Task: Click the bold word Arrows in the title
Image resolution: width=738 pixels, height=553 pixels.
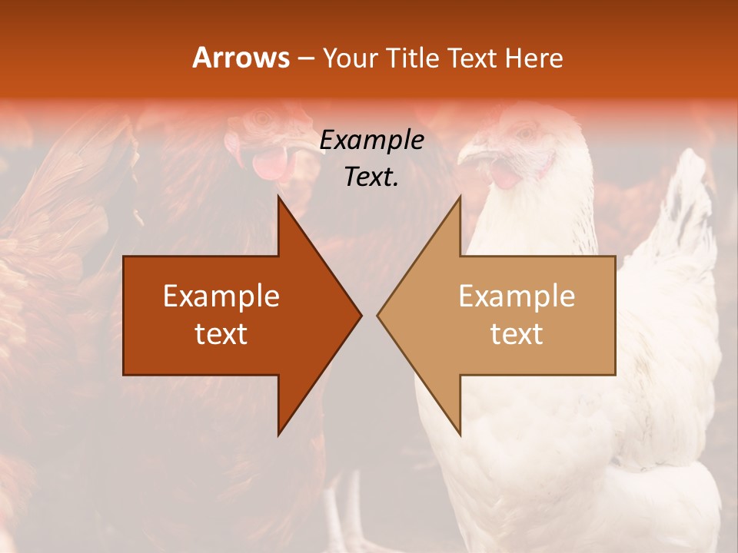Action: click(x=241, y=58)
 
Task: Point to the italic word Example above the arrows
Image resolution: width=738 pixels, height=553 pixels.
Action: click(x=371, y=141)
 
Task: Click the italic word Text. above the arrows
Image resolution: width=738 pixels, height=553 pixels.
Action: click(x=371, y=177)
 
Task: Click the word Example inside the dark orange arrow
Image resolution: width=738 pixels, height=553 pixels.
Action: click(x=221, y=296)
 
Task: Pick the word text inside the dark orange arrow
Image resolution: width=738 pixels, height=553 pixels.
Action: click(x=221, y=334)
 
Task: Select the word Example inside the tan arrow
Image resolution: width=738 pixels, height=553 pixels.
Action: click(x=517, y=296)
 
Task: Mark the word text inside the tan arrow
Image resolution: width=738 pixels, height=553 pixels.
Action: click(x=517, y=334)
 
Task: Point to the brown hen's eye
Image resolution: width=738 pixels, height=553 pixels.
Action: click(x=264, y=119)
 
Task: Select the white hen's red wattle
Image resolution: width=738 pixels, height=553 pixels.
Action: click(x=506, y=176)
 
